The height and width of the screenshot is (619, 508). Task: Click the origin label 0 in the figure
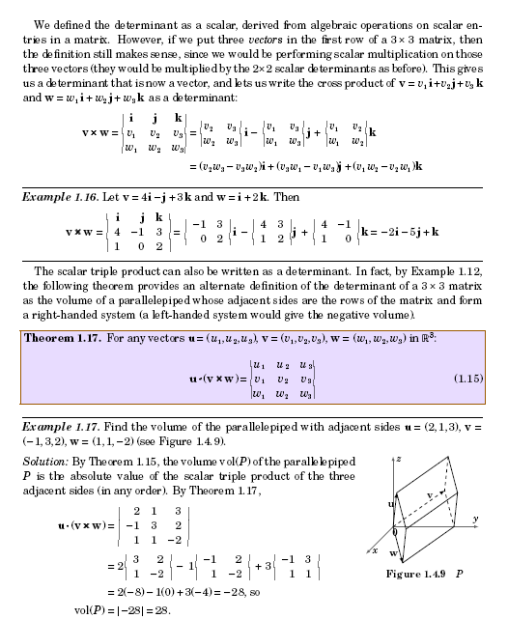(394, 532)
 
